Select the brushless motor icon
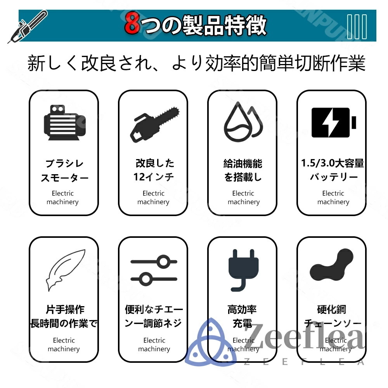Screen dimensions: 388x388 pos(64,123)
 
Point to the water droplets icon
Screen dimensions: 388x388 pos(243,121)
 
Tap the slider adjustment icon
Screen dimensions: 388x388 pos(154,269)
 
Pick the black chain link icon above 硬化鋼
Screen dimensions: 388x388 pos(332,266)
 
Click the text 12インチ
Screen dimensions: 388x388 pos(154,177)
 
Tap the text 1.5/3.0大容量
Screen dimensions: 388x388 pos(333,163)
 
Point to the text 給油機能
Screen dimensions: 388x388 pos(243,163)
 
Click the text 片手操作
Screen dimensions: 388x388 pos(64,310)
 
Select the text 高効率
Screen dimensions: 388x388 pos(242,310)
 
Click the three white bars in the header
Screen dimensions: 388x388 pos(357,26)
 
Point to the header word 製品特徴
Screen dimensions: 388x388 pos(225,26)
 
